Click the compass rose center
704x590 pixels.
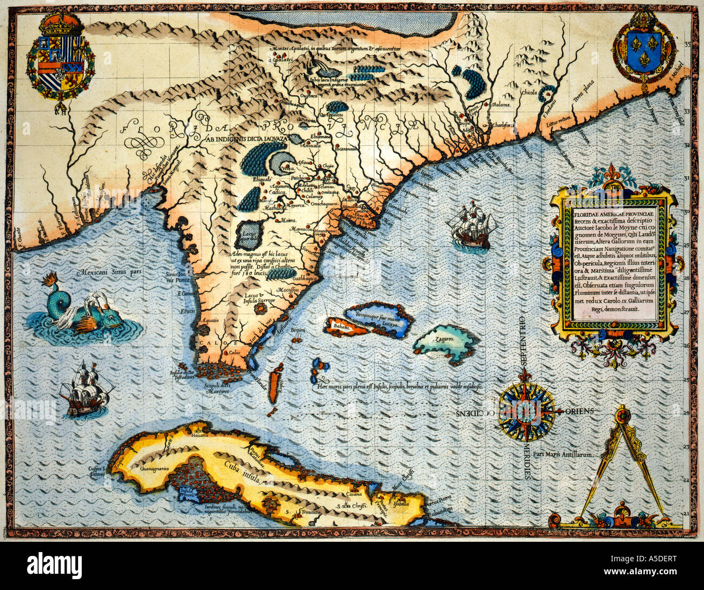click(526, 412)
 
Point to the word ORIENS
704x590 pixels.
click(579, 411)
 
